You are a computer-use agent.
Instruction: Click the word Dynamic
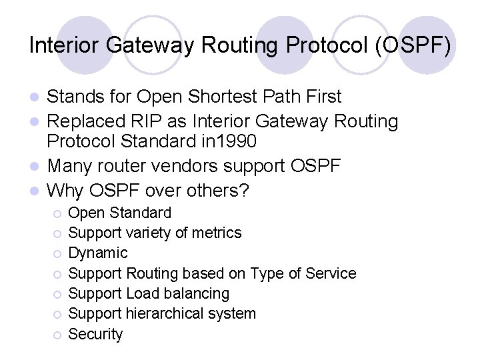coord(98,253)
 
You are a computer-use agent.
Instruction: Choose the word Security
coord(96,335)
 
